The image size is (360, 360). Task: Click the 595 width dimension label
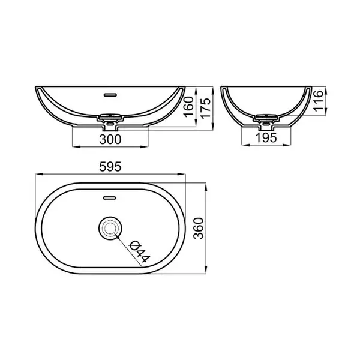(110, 167)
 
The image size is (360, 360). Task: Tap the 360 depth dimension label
(199, 229)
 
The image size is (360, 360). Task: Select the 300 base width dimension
(110, 139)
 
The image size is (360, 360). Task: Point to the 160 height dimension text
(190, 107)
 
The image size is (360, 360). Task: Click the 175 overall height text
(206, 108)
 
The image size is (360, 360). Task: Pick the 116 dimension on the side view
(319, 101)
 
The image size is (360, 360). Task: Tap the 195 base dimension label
(266, 138)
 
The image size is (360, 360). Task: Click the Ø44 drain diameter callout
(140, 251)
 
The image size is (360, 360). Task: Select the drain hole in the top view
(110, 229)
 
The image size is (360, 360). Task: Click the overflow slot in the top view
(110, 197)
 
